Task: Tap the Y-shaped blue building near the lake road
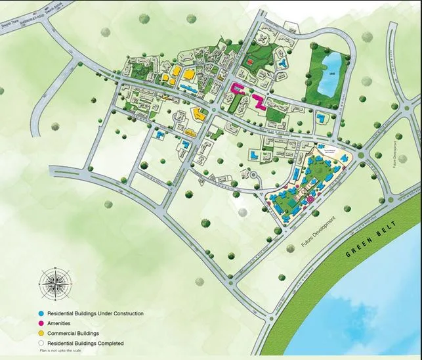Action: click(x=282, y=63)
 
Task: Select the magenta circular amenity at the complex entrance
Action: click(x=308, y=198)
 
